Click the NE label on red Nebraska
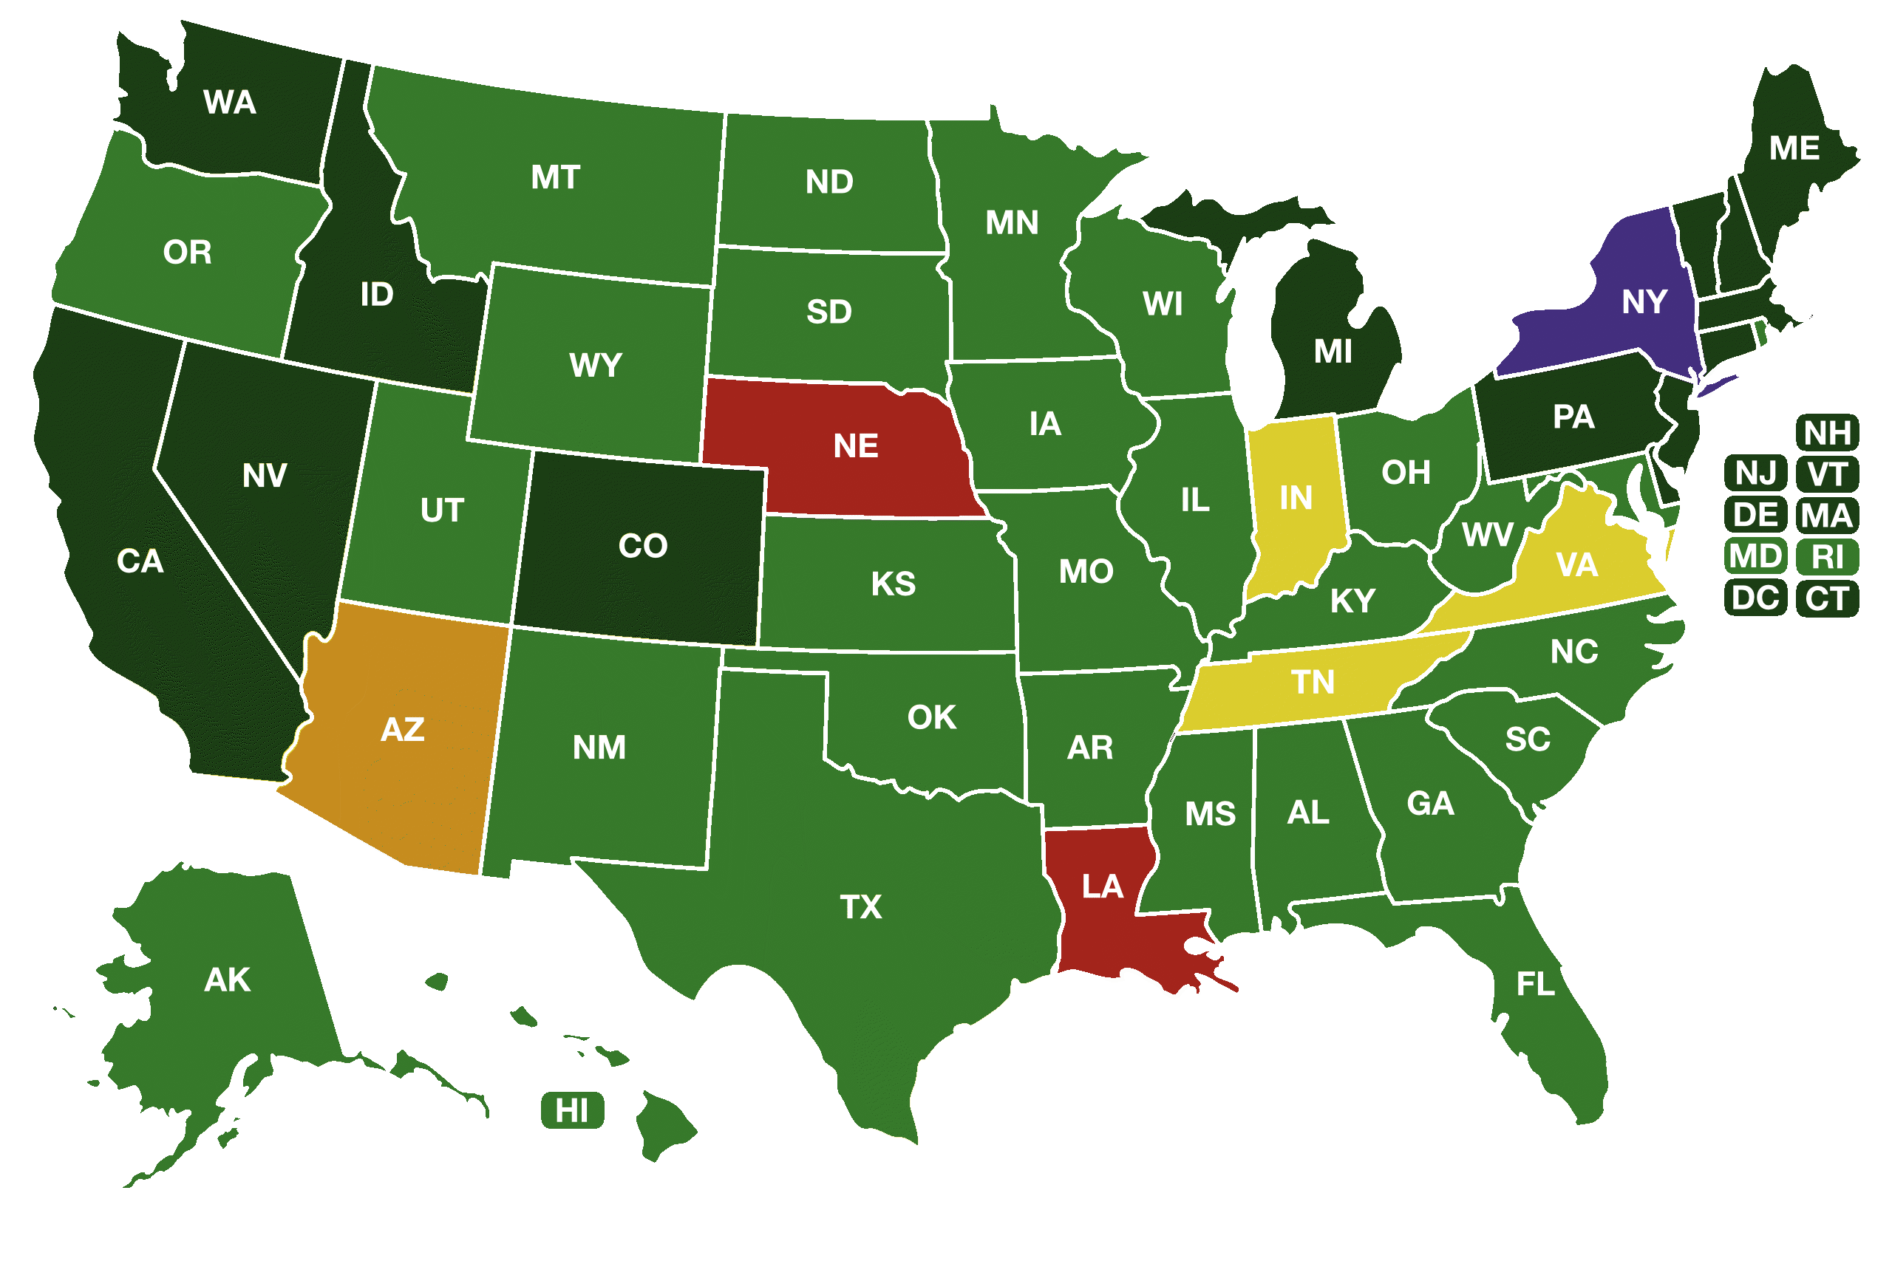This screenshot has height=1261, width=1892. coord(855,446)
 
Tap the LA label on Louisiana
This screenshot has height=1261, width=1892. coord(1102,887)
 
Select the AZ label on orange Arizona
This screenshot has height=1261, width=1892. coord(402,730)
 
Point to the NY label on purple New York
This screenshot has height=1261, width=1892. coord(1644,302)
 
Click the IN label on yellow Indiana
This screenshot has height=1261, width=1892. coord(1296,499)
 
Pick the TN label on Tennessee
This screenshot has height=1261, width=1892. coord(1313,683)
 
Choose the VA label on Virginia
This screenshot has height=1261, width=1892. coord(1576,565)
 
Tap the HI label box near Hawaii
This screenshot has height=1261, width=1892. coord(572,1110)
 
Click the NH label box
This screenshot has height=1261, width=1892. coord(1827,434)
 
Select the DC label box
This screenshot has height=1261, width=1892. coord(1755,598)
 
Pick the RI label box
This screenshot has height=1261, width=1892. coord(1827,557)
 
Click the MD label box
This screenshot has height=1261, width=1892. coord(1755,556)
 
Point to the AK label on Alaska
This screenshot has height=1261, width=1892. coord(228,980)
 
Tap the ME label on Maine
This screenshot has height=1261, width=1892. coord(1794,148)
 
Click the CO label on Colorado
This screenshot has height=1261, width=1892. coord(643,546)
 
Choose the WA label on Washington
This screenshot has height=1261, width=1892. coord(230,103)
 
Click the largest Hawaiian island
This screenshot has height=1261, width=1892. coord(664,1124)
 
